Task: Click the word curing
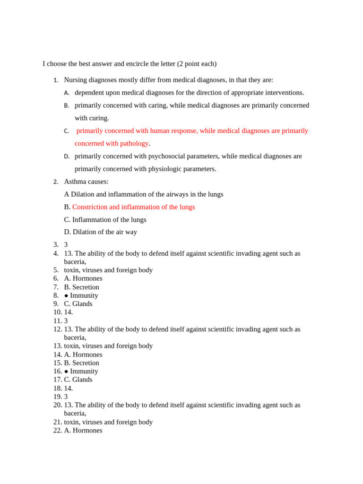(x=99, y=118)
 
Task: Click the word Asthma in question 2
(x=75, y=181)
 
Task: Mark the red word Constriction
(x=90, y=207)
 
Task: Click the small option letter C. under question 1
(x=67, y=131)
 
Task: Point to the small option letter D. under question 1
(x=67, y=156)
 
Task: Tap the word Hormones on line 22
(x=87, y=431)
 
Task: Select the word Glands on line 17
(x=82, y=380)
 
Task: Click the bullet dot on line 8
(x=66, y=296)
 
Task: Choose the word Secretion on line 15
(x=86, y=363)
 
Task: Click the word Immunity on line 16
(x=84, y=372)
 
